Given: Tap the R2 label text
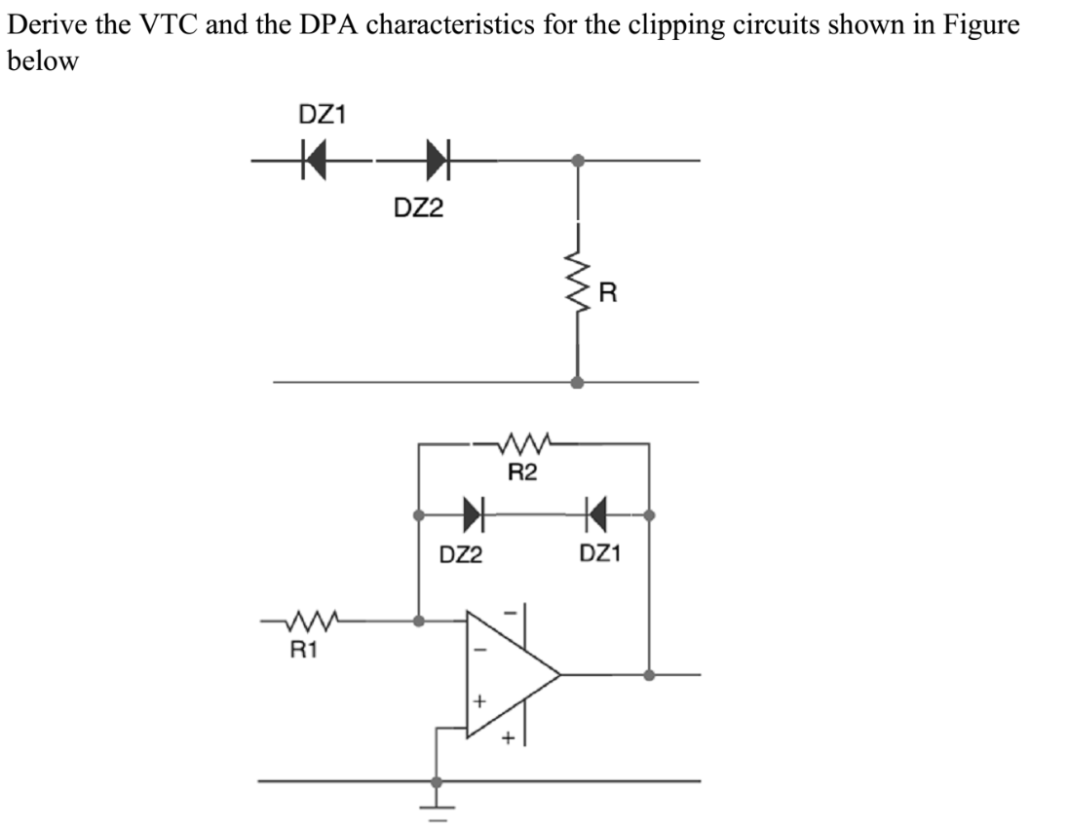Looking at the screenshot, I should click(523, 474).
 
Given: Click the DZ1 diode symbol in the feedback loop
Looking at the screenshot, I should click(596, 512).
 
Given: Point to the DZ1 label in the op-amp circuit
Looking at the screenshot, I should click(602, 555).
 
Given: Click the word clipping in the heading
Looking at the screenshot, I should click(604, 25).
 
